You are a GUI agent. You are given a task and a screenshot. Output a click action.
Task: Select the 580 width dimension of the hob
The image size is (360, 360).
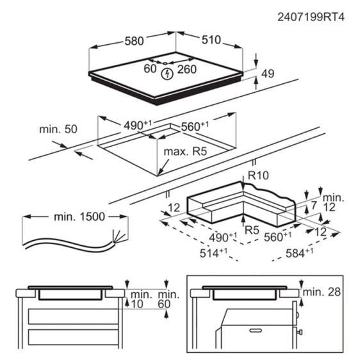[133, 41]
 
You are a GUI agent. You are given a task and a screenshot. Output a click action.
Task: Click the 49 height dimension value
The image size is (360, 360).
[268, 74]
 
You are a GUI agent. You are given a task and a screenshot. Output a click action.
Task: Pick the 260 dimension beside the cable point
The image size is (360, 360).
[187, 69]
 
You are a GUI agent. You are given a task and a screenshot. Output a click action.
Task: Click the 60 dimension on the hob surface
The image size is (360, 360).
[151, 69]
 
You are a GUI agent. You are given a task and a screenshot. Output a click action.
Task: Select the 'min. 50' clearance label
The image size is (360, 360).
[58, 129]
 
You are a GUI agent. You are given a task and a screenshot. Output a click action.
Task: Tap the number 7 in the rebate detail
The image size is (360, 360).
[314, 204]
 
